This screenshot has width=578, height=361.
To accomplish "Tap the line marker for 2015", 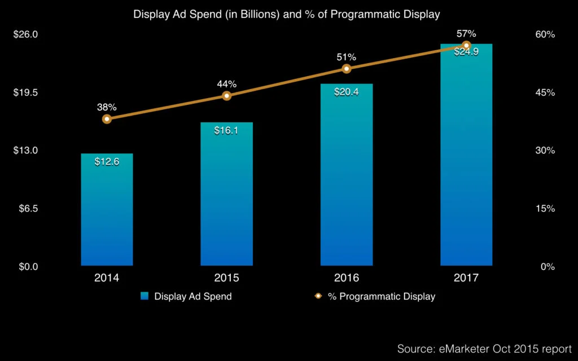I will point(226,95).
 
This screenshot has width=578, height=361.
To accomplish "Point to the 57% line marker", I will point(466,45).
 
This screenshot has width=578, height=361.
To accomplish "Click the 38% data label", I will point(107,107).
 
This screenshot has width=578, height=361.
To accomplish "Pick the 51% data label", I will point(347,57).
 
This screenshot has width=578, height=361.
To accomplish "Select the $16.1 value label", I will point(226,130).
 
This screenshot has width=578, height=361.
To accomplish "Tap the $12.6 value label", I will point(107,162).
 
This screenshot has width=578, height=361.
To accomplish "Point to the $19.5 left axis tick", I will point(25,93).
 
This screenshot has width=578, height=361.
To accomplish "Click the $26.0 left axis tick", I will point(25,34).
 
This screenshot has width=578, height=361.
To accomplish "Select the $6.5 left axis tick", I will point(27,209).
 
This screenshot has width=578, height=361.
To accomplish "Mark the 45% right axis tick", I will point(545,93).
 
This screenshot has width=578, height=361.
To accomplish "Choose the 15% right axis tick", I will point(545,209).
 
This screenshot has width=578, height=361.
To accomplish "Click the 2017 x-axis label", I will point(466,278).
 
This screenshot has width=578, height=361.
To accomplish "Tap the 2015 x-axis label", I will point(226,278).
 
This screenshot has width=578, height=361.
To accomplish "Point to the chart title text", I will point(286,14).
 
